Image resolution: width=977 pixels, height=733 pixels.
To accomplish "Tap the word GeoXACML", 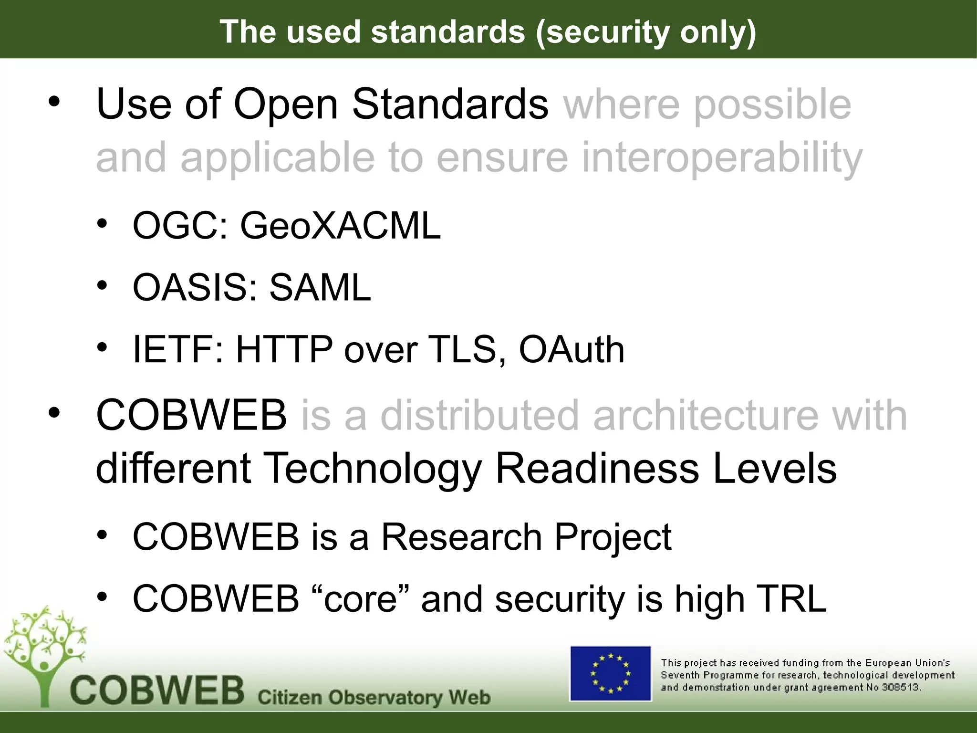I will (340, 226).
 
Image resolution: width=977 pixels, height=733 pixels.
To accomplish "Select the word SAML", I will (320, 288).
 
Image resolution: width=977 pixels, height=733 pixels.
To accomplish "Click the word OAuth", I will (571, 350).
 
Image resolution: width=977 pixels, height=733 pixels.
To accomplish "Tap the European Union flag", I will (611, 673).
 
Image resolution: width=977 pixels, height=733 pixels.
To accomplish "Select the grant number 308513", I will (903, 688).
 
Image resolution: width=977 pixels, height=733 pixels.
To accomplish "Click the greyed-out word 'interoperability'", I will (722, 157).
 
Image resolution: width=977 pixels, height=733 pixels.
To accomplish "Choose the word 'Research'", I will (461, 537).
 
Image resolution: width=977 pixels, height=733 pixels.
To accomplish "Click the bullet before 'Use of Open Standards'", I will (54, 102).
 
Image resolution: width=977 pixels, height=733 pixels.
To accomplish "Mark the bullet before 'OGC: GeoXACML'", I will (102, 224).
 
